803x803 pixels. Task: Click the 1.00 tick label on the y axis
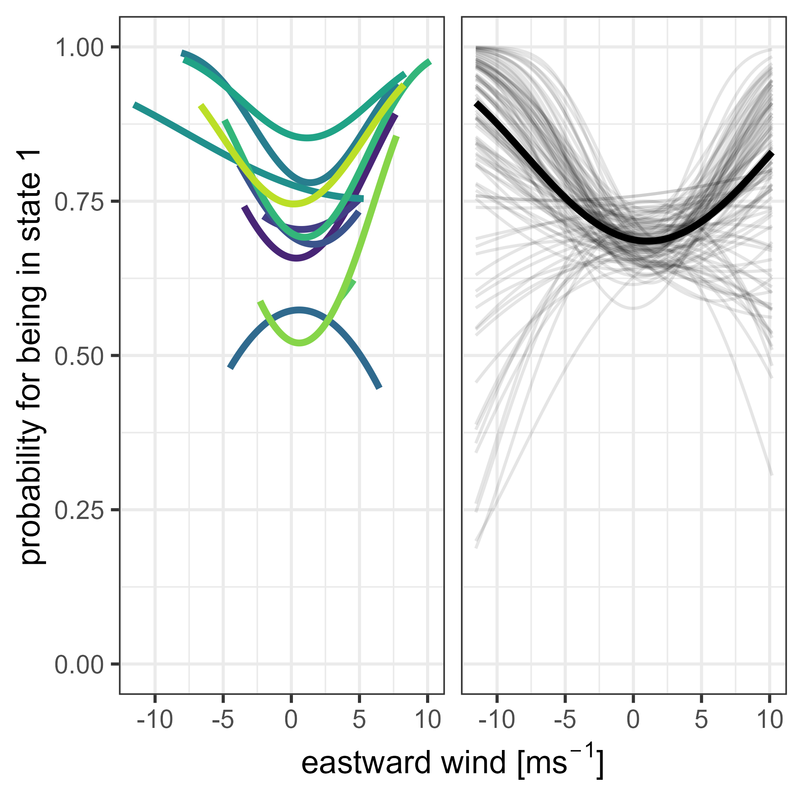coord(79,48)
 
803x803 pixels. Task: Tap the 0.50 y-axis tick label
coord(79,357)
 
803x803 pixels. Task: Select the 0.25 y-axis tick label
coord(79,511)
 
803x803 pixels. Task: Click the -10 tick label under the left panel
coord(155,720)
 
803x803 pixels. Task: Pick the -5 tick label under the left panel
coord(223,720)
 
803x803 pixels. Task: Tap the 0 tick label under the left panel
coord(291,720)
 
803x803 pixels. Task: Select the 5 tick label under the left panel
coord(359,720)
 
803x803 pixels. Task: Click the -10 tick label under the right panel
coord(496,720)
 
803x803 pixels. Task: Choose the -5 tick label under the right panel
coord(565,720)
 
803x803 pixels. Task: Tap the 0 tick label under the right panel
coord(633,720)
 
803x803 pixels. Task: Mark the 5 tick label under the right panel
coord(701,720)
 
